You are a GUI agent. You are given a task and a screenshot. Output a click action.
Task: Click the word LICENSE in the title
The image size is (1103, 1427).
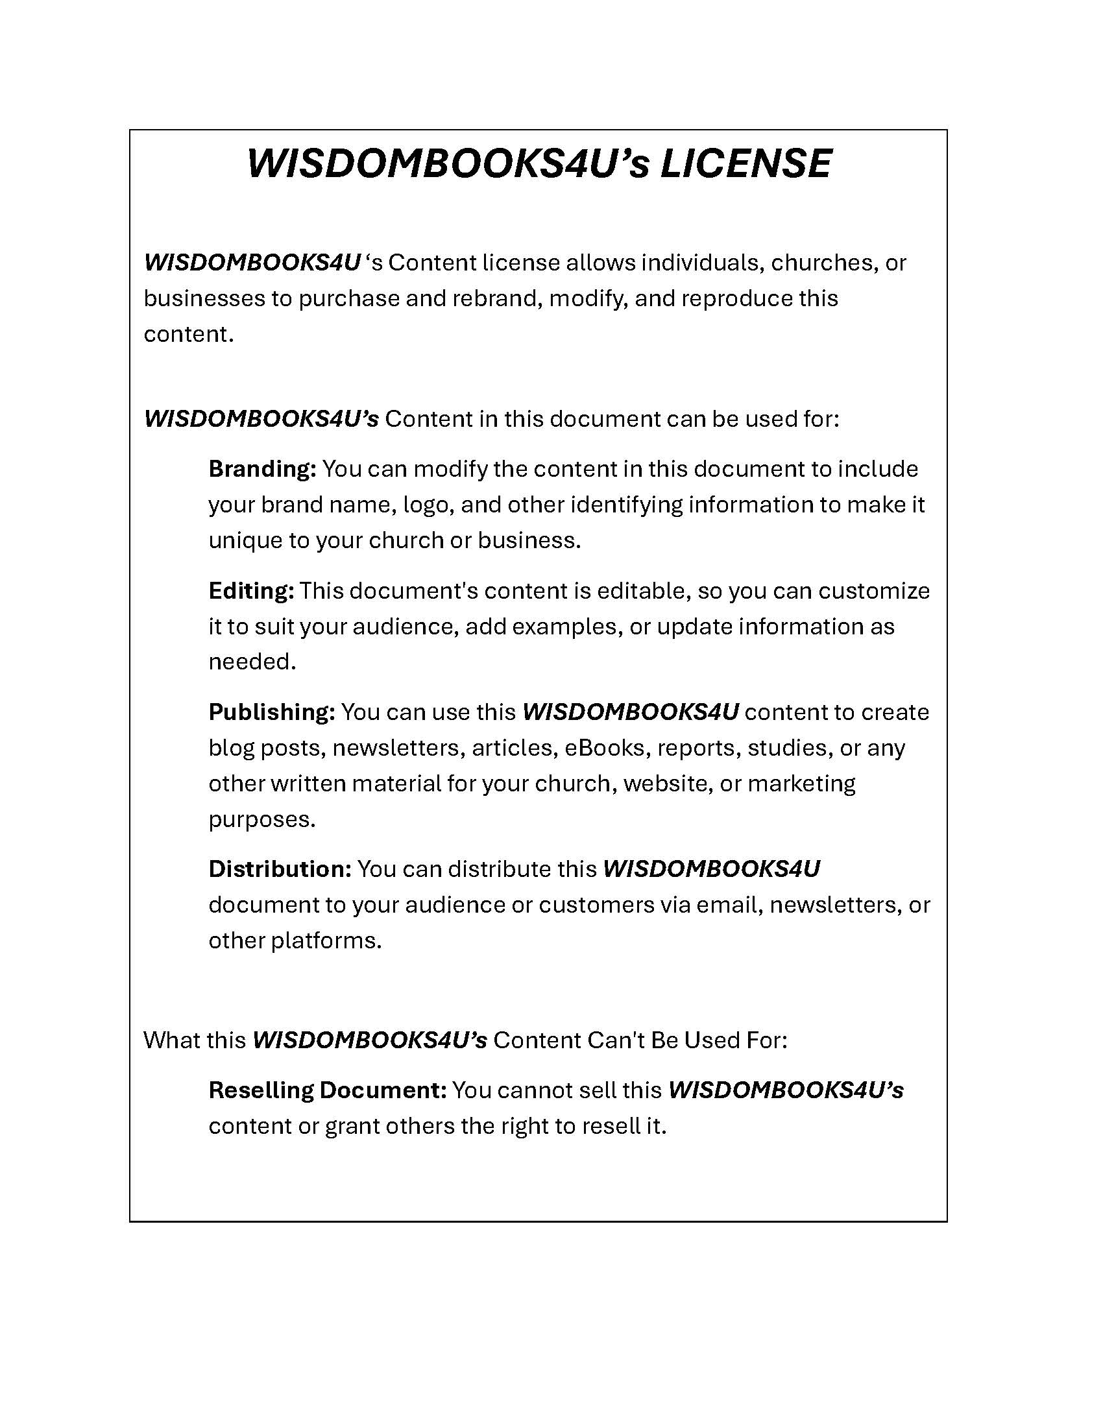click(x=745, y=163)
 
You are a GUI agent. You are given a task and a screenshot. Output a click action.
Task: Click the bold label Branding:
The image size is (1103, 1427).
click(x=262, y=469)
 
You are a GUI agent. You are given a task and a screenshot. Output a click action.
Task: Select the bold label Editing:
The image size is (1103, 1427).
click(x=251, y=591)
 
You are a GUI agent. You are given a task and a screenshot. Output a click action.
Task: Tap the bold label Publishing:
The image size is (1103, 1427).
click(x=271, y=712)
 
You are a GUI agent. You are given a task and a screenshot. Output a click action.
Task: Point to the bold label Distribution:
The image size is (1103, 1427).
click(x=280, y=869)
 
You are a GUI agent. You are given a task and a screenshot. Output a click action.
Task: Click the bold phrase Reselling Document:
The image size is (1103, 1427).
click(x=328, y=1090)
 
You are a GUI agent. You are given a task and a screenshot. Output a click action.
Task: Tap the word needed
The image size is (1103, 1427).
click(x=252, y=662)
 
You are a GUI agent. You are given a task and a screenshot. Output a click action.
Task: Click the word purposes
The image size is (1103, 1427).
click(x=261, y=819)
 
